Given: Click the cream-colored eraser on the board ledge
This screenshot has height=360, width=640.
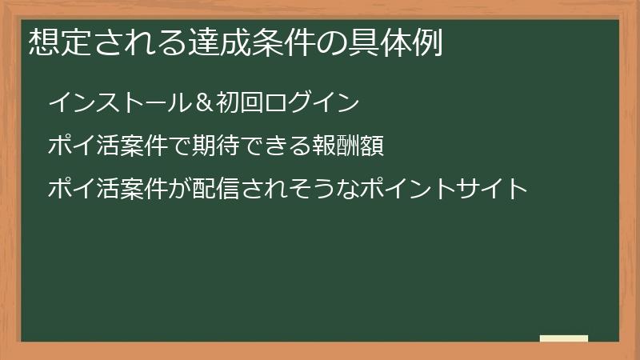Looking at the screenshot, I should click(564, 338).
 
